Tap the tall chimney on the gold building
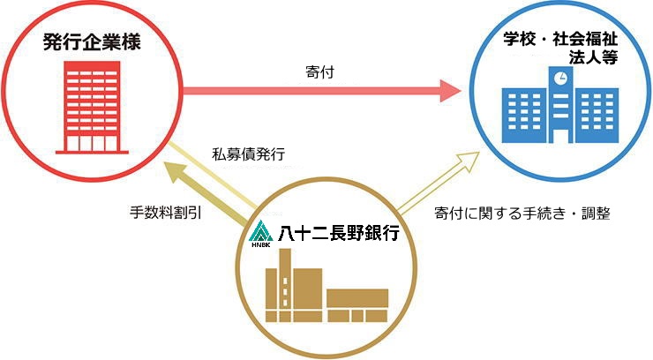pyautogui.click(x=287, y=278)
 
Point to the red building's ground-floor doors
pyautogui.click(x=93, y=141)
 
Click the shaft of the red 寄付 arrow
pyautogui.click(x=309, y=88)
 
